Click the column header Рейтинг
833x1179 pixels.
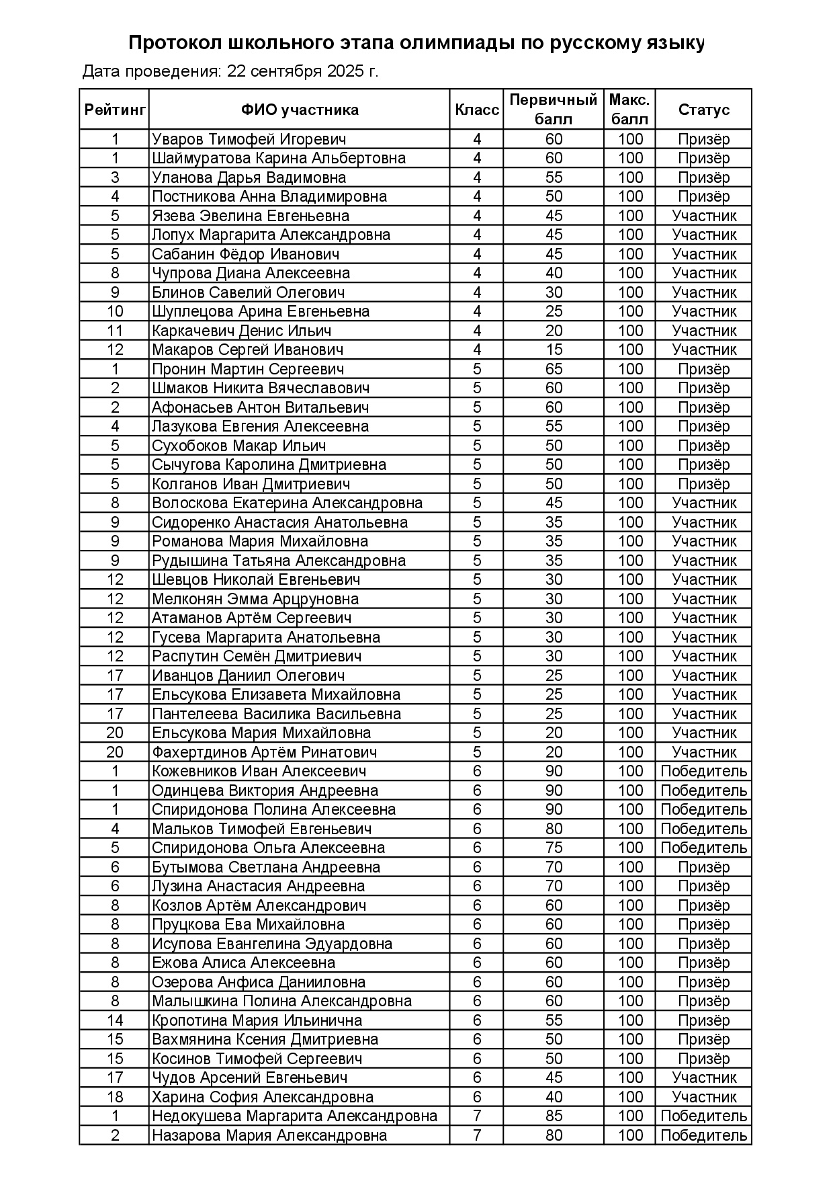click(115, 110)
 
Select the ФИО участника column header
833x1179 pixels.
click(300, 110)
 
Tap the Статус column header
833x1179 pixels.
click(703, 110)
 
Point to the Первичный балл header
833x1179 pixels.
click(553, 110)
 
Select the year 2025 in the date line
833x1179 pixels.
click(345, 71)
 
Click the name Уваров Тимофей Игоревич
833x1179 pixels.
click(249, 139)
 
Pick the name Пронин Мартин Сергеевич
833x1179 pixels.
click(248, 369)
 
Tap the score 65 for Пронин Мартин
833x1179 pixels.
click(554, 369)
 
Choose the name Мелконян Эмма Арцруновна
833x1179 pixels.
click(255, 599)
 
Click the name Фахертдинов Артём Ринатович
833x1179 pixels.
click(264, 752)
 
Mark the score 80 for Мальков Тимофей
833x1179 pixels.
click(554, 829)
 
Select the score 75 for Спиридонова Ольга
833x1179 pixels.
click(554, 848)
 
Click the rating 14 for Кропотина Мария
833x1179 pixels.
click(115, 1020)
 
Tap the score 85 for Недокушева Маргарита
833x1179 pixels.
click(554, 1116)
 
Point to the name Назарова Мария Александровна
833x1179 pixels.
click(269, 1135)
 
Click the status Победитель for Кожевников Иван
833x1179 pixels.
click(703, 771)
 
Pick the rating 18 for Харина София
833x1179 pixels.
click(115, 1097)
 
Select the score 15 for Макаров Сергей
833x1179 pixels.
click(554, 350)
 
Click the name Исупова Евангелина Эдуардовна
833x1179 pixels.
click(272, 944)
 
